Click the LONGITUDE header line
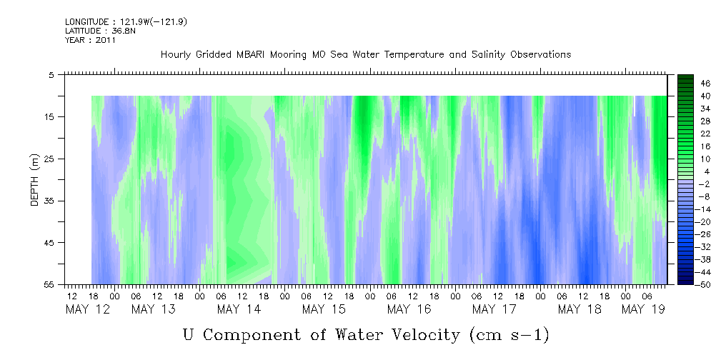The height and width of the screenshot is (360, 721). coord(126,22)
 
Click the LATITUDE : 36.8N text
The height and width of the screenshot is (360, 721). coord(100,31)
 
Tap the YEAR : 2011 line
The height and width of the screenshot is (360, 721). coord(90,40)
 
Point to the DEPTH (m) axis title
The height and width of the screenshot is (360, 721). coord(35,180)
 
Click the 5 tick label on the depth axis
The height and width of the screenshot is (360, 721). coord(51,74)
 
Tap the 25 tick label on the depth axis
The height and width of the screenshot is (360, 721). coord(48,159)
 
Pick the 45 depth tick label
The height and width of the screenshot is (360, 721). coord(48,243)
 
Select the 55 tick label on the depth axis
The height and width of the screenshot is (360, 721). coord(48,285)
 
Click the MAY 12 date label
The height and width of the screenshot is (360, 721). coord(88,309)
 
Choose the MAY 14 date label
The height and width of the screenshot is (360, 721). coord(239,309)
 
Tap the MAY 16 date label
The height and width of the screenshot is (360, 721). coord(409,309)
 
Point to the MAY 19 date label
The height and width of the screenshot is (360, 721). coord(643,309)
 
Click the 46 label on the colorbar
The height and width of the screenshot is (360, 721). coord(706,84)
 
